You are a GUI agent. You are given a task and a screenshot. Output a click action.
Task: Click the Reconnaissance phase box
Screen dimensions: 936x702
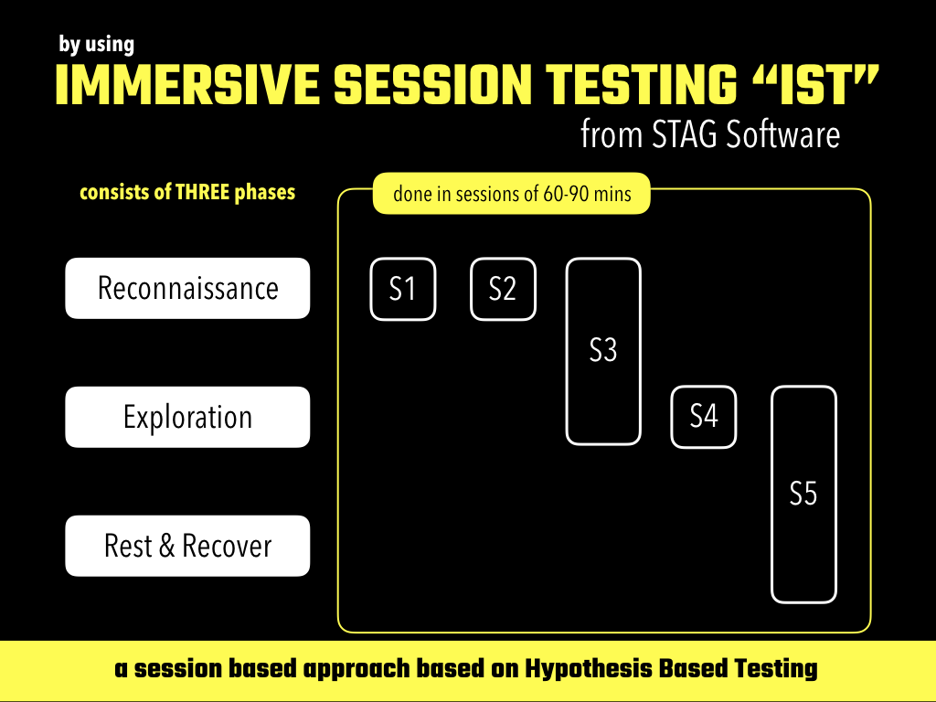coord(187,288)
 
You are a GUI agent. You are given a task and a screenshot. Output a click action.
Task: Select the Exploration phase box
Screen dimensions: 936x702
coord(187,417)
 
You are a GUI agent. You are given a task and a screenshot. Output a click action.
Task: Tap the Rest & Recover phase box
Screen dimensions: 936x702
coord(187,546)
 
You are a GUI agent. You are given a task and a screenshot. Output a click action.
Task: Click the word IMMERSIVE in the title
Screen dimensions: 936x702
coord(186,85)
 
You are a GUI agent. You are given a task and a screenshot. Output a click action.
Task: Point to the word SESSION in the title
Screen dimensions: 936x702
coord(432,85)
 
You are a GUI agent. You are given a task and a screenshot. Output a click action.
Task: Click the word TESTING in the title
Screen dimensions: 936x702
coord(642,85)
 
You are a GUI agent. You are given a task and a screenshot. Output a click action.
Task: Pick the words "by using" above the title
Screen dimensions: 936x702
coord(97,44)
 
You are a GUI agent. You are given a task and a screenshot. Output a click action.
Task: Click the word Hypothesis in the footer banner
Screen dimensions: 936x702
coord(588,668)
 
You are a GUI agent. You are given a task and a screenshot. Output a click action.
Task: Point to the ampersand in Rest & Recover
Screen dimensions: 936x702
coord(167,546)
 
